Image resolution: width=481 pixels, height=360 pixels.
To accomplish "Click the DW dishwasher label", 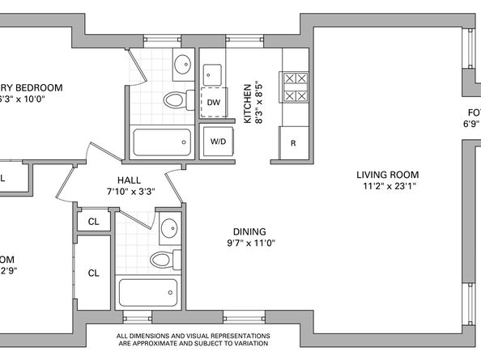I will [x=214, y=103].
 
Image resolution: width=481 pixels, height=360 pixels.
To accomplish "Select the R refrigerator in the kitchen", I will [x=293, y=142].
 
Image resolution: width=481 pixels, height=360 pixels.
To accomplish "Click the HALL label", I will [x=130, y=180].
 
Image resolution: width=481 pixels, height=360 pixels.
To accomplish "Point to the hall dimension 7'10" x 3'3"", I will [x=130, y=192].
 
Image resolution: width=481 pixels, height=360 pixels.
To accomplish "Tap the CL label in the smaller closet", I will [x=94, y=220].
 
